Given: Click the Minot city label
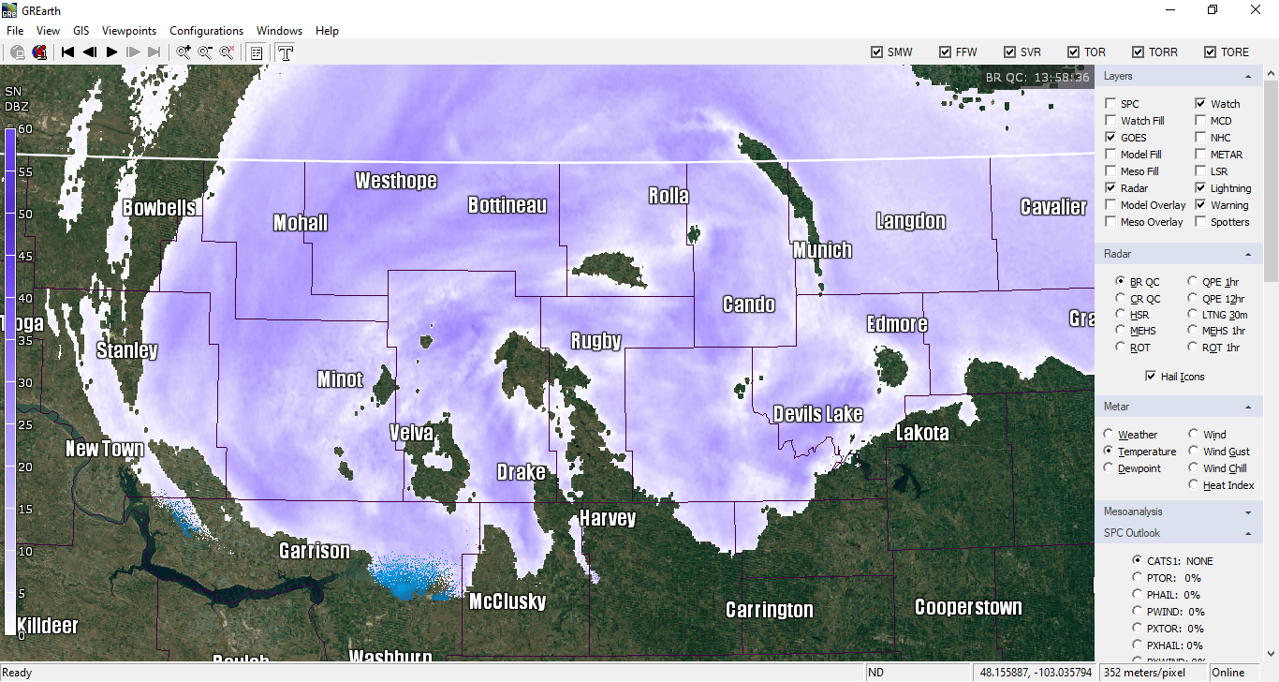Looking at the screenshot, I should point(340,379).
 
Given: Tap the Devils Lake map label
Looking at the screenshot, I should point(817,414).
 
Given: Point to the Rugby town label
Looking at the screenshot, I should point(596,341).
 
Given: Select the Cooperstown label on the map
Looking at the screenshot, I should point(968,607).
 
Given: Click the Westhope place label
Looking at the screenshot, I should point(396,181).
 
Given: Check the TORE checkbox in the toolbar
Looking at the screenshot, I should point(1211,52).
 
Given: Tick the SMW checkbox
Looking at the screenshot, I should point(876,52).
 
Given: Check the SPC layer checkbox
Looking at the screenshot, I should point(1110,104).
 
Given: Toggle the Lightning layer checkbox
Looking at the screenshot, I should point(1200,188).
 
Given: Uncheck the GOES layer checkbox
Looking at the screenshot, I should point(1110,138).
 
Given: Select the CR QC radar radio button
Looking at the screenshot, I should point(1121,299).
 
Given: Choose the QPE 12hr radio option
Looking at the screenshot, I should point(1193,299).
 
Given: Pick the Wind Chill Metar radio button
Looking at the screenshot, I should point(1194,468).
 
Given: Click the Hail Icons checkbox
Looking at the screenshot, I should point(1151,377).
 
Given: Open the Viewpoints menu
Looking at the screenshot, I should point(129,31).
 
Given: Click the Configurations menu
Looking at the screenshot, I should point(206,31).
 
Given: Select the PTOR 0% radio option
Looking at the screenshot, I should point(1138,578).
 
